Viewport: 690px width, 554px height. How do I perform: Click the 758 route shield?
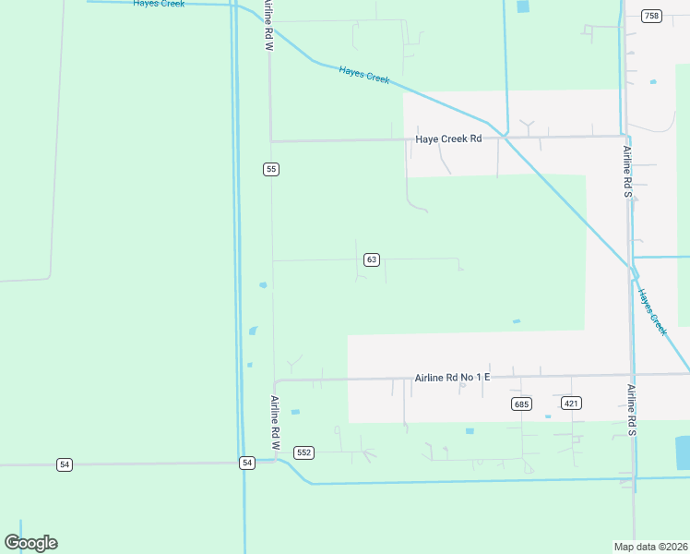click(x=652, y=16)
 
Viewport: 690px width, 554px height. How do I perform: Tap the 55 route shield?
click(x=270, y=169)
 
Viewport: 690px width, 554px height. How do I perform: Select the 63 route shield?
click(x=371, y=259)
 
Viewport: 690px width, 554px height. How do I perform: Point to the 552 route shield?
click(x=304, y=452)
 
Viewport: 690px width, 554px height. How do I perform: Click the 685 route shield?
click(x=521, y=403)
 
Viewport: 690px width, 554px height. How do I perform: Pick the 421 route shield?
click(x=571, y=403)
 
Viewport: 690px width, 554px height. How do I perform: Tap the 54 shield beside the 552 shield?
click(x=246, y=463)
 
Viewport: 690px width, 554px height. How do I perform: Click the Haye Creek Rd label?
click(x=448, y=139)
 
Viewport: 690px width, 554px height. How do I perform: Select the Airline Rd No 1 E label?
click(x=451, y=378)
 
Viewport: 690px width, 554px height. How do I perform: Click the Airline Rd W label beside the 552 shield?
click(x=275, y=422)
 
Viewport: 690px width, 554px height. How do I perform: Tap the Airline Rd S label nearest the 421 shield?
click(x=632, y=411)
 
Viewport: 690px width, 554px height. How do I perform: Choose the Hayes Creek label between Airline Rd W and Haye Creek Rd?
click(x=364, y=75)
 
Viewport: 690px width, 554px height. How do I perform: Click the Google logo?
click(x=30, y=543)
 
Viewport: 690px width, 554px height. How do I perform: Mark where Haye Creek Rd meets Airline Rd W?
click(x=270, y=141)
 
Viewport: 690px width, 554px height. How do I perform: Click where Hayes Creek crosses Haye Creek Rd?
click(x=505, y=137)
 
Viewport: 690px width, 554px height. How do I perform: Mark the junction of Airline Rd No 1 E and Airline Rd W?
click(x=275, y=381)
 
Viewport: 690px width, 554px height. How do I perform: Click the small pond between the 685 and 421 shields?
click(x=547, y=416)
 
